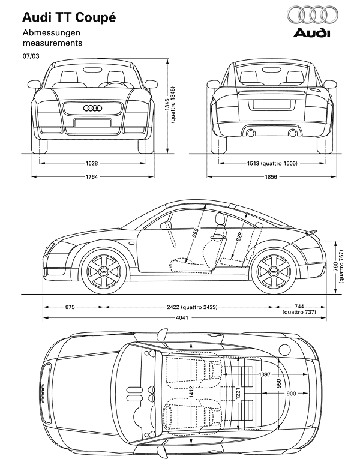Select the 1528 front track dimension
pyautogui.click(x=91, y=163)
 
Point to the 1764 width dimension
pyautogui.click(x=91, y=176)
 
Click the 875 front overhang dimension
pyautogui.click(x=70, y=307)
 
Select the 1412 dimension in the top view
pyautogui.click(x=205, y=394)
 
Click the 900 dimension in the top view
pyautogui.click(x=292, y=393)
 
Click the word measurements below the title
pyautogui.click(x=52, y=43)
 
